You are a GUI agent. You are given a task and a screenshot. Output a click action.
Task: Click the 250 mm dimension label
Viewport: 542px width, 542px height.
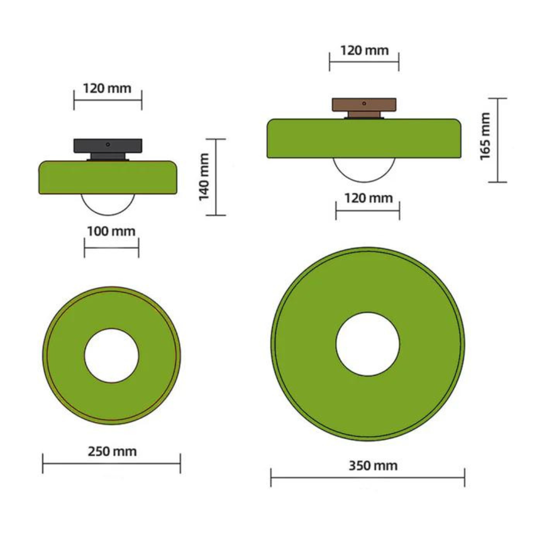click(112, 451)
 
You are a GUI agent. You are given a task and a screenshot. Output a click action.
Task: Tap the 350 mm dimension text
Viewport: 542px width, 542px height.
click(372, 466)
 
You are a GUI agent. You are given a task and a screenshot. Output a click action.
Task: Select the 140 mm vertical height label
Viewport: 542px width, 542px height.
click(204, 177)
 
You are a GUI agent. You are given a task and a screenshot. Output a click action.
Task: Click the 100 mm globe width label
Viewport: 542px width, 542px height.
click(111, 231)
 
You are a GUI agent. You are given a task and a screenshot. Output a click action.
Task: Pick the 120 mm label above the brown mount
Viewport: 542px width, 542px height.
click(364, 50)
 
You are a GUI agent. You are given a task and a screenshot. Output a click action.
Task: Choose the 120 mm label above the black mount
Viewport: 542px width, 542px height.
click(107, 89)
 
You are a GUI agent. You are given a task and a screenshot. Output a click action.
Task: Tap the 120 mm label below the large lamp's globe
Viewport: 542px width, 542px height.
click(368, 198)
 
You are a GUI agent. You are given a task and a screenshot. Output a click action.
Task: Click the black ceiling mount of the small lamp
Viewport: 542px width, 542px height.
click(108, 147)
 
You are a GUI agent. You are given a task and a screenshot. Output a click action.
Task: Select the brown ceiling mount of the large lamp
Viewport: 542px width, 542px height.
click(364, 105)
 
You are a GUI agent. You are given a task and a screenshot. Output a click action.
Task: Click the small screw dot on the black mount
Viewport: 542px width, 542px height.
click(108, 144)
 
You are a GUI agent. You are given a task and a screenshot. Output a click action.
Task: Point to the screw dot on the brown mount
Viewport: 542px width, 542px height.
click(364, 103)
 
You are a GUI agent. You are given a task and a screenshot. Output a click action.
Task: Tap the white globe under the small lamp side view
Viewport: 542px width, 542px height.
click(108, 204)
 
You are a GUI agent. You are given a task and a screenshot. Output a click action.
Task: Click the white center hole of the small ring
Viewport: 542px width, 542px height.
click(111, 355)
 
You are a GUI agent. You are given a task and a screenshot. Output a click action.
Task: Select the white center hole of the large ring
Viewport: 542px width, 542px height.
click(367, 344)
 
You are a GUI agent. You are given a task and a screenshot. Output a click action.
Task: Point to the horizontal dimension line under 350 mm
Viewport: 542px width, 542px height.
click(367, 477)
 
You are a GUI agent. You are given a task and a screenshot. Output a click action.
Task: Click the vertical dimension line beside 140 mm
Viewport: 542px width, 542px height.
click(216, 177)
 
